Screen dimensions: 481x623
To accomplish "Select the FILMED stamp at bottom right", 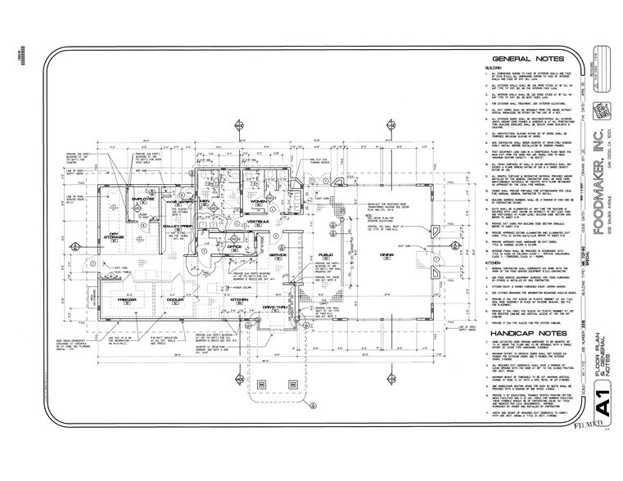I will (592, 449).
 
